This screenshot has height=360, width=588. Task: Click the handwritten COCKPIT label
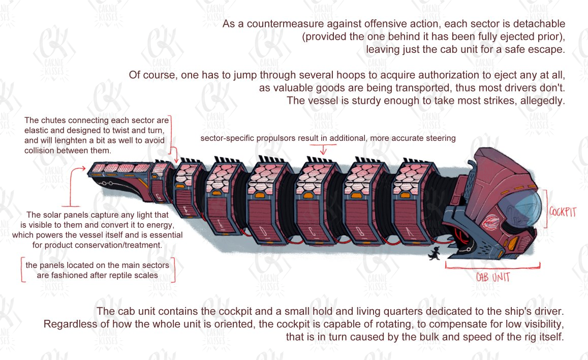point(563,212)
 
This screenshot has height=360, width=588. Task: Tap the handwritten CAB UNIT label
point(493,277)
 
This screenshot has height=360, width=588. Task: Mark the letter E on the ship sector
point(221,224)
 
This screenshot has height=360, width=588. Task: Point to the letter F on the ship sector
point(186,211)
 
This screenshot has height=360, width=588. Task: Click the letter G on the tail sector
point(158,196)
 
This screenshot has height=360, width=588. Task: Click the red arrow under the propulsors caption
point(323,149)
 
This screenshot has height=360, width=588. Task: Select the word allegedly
point(542,101)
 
